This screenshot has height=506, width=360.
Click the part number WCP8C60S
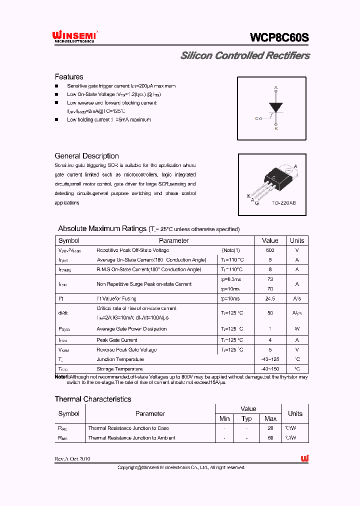coord(279,37)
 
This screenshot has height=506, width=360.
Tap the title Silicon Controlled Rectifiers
coord(244,55)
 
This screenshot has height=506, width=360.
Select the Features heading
coord(69,76)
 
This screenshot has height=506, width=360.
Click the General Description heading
coord(86,156)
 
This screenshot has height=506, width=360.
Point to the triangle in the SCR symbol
coord(276,107)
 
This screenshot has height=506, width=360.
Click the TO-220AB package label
coord(283,203)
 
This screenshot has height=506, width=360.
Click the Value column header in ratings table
coord(270,240)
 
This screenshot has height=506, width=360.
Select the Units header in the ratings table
coord(297,240)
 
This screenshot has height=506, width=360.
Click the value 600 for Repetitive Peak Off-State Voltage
coord(270,250)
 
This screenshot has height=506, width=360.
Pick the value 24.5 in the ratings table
coord(270,298)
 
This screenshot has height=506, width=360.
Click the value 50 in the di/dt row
coord(270,312)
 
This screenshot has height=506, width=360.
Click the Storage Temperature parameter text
coord(119,369)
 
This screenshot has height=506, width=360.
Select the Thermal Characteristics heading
coord(93,399)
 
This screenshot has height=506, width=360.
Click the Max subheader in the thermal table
coord(270,418)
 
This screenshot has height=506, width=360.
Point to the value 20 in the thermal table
coord(270,428)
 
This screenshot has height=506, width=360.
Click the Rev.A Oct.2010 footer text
coord(73,458)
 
